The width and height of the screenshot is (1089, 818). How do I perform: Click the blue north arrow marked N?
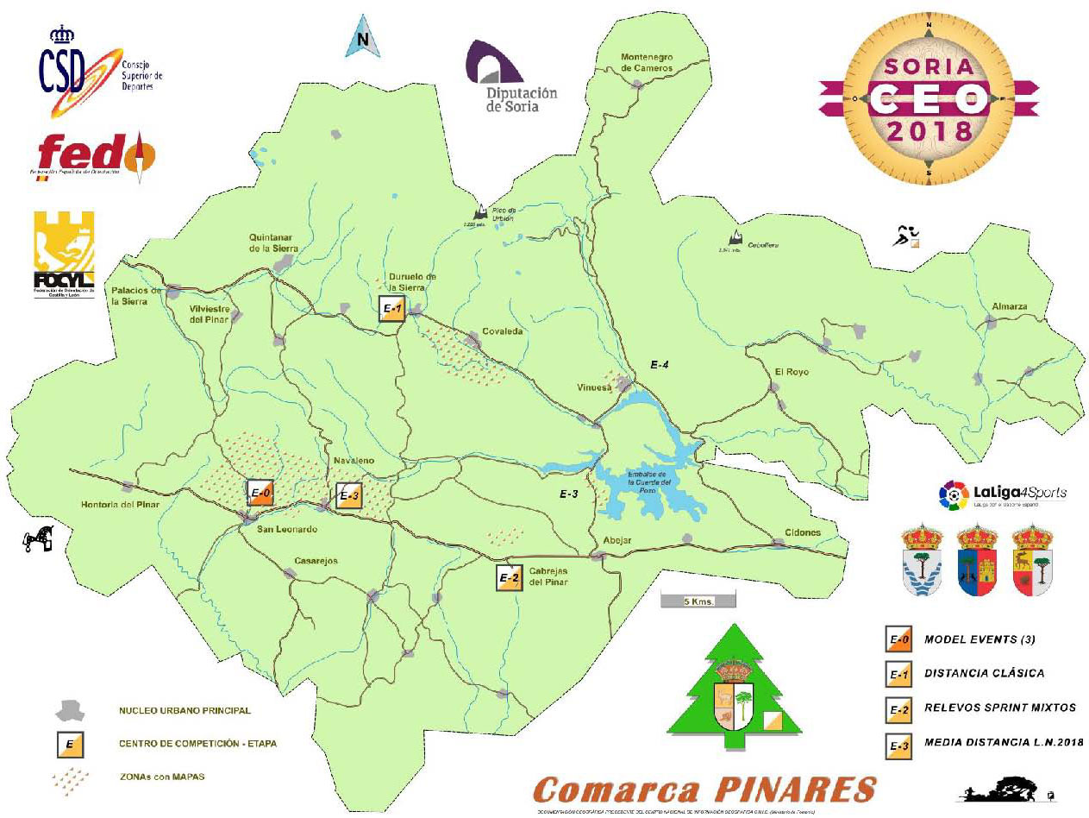[363, 39]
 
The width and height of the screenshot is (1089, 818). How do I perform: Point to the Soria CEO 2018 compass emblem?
[928, 100]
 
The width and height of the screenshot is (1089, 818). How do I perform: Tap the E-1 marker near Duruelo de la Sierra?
[392, 309]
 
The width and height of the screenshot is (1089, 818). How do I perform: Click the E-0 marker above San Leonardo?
[260, 493]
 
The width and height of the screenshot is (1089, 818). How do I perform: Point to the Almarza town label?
[1010, 307]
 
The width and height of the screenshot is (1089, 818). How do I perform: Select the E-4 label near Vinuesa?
[660, 366]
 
